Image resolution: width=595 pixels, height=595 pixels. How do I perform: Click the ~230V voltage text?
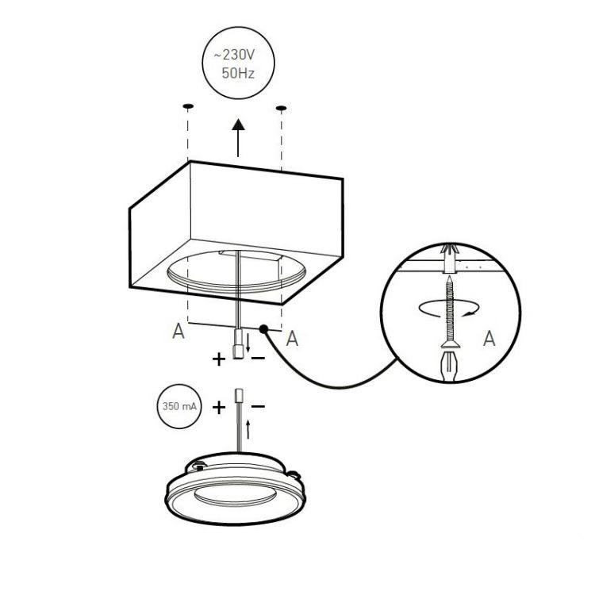(234, 55)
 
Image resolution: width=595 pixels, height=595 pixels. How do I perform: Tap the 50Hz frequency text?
(238, 73)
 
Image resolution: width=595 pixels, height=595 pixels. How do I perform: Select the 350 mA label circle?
(179, 406)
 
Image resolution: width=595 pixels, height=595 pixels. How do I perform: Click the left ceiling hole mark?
(188, 106)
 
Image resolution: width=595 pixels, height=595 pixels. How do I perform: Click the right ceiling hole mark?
(281, 109)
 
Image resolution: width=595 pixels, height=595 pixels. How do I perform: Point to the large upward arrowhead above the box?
(238, 125)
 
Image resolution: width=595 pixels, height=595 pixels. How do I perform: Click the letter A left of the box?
(178, 331)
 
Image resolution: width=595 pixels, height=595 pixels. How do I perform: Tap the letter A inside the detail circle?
(489, 338)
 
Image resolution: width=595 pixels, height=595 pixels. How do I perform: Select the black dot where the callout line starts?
(263, 329)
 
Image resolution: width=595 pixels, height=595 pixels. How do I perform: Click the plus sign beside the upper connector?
(219, 359)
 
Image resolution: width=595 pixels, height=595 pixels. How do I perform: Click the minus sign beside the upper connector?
(258, 358)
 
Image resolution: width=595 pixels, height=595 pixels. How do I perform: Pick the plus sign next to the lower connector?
(219, 408)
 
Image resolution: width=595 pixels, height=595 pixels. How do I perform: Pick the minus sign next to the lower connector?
(258, 406)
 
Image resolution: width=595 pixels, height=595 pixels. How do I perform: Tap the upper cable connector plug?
(238, 344)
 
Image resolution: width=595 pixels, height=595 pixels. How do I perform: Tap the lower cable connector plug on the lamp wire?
(239, 396)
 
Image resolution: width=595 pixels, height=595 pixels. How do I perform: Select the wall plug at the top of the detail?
(450, 259)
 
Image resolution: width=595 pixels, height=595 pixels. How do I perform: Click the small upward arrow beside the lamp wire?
(248, 429)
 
